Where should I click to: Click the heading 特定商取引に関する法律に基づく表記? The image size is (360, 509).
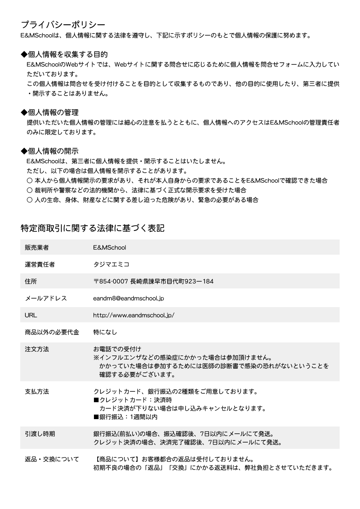[92, 228]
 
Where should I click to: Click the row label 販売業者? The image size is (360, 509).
[37, 247]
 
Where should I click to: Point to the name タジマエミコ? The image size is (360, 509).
[111, 264]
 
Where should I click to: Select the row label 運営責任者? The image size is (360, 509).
[40, 264]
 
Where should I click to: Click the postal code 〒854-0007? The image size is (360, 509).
[110, 281]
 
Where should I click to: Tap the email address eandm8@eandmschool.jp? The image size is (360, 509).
[128, 299]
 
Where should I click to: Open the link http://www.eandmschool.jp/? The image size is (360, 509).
[133, 315]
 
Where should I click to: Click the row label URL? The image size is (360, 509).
[31, 315]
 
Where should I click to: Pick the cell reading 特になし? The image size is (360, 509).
[105, 332]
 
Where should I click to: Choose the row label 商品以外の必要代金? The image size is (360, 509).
[52, 332]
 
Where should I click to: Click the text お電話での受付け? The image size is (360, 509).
[117, 349]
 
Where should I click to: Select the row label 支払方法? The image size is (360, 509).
[37, 391]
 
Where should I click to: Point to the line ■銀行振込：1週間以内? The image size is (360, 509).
[125, 417]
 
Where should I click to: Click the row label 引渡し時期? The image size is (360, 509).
[40, 434]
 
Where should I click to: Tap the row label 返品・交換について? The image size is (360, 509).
[52, 459]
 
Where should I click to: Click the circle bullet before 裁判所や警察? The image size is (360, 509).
[29, 190]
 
